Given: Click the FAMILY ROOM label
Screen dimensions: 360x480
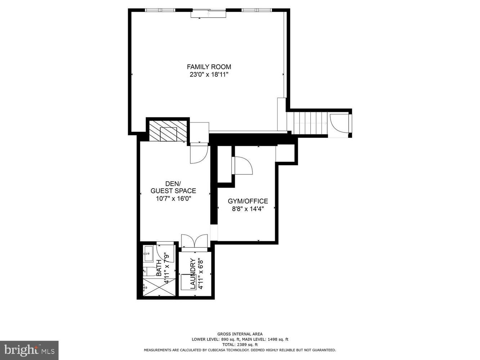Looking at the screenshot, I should click(209, 67).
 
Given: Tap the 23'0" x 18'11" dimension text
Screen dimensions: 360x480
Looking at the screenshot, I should click(209, 75).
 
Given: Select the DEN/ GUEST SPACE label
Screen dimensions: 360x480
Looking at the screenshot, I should click(173, 187).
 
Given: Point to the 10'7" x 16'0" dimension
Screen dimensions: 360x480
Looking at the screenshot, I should click(173, 198).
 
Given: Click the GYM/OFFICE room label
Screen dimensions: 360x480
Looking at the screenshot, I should click(248, 201).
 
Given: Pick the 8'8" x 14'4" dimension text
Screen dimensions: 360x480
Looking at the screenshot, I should click(248, 209).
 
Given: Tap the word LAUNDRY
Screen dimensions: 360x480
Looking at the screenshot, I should click(192, 274).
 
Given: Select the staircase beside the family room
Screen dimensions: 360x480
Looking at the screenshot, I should click(310, 123).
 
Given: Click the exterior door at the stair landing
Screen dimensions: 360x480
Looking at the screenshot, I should click(338, 124).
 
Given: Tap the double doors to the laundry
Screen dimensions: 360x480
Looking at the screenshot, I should click(194, 241).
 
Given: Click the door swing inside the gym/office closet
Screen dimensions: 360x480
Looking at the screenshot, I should click(243, 166).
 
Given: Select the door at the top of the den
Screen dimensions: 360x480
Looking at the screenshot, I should click(198, 153).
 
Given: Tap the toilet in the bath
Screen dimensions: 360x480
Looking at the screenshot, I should click(151, 272).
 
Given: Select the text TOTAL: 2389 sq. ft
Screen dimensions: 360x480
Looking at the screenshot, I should click(240, 345).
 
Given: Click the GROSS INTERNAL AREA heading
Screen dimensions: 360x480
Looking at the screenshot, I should click(240, 334).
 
